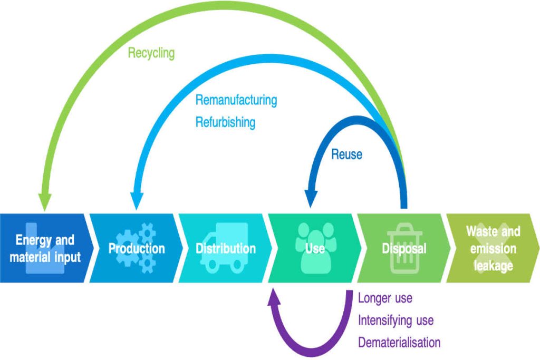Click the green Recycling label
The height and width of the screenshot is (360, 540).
point(151,53)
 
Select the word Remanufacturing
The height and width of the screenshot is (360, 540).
point(236,100)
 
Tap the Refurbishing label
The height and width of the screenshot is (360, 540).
point(225,122)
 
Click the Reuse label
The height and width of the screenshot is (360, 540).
point(346,154)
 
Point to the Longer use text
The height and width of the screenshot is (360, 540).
point(385,298)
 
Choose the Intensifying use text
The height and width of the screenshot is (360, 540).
point(396,320)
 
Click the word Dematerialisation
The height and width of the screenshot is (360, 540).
point(399,343)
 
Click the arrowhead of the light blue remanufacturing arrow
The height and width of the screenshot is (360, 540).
point(136,202)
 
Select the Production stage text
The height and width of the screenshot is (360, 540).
point(137,248)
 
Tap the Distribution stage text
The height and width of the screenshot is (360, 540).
point(226,248)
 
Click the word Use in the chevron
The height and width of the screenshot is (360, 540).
point(314,248)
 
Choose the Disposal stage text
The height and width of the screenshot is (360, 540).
point(404,248)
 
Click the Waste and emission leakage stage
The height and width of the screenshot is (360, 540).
point(493,248)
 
